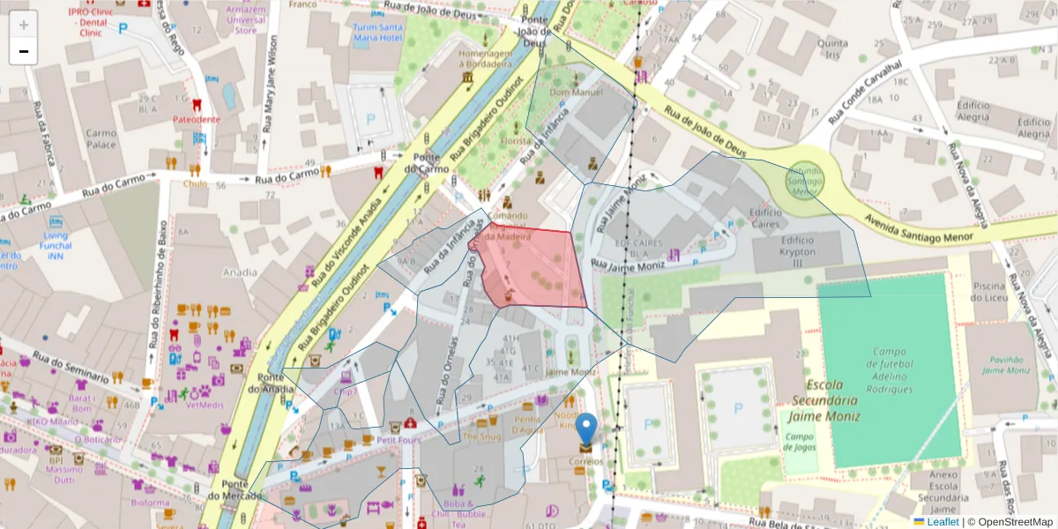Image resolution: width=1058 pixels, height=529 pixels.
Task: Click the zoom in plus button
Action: (x=23, y=26)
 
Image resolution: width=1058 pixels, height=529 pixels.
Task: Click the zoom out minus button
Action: (x=23, y=52)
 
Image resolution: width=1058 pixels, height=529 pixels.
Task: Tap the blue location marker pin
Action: (x=586, y=430)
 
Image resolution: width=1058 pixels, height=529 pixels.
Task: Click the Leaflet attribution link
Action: (x=943, y=522)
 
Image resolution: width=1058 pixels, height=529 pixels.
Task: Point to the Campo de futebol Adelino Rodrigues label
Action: (x=887, y=369)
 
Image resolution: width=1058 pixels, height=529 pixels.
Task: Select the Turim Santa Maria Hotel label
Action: (x=377, y=33)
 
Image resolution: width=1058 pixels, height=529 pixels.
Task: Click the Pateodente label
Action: (x=197, y=119)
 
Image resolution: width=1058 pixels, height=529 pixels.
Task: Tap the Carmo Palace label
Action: (x=101, y=138)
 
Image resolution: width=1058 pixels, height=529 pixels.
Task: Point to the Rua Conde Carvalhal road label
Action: (x=874, y=93)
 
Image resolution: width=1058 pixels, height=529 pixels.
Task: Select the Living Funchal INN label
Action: (x=56, y=246)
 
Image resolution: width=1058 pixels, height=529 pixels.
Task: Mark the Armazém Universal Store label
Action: (x=246, y=19)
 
